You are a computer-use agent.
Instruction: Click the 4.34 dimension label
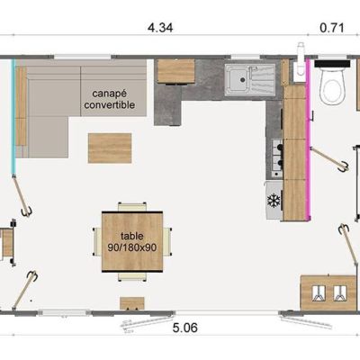[160, 28]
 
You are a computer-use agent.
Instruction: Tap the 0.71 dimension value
[331, 28]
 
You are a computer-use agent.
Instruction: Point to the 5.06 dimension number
[185, 328]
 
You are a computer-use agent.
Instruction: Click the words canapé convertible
[110, 99]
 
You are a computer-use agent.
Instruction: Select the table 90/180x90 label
[132, 242]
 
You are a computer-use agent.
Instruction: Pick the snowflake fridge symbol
[274, 201]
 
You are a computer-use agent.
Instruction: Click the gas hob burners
[277, 158]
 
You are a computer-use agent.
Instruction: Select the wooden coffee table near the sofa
[110, 148]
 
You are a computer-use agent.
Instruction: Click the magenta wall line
[308, 139]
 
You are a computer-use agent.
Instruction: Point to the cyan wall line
[13, 116]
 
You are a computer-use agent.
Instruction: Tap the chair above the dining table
[132, 207]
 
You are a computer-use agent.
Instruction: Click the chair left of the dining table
[97, 242]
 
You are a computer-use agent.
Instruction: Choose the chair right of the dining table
[167, 242]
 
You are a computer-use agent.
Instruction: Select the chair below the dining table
[132, 277]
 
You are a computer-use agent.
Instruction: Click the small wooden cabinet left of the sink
[176, 71]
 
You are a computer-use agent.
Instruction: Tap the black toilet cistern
[332, 64]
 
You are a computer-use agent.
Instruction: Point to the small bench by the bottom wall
[132, 303]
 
